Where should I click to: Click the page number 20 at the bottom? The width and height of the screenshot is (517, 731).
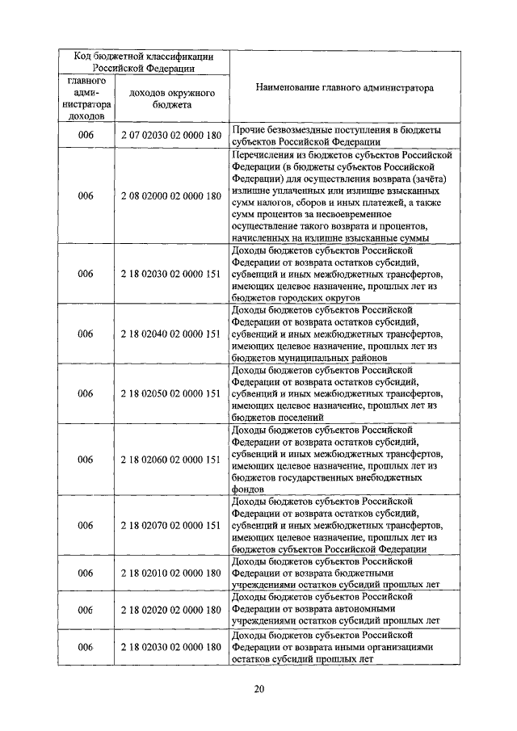tap(258, 689)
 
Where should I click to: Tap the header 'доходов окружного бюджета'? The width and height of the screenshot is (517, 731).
tap(170, 99)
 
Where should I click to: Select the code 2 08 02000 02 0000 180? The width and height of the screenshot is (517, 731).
tap(170, 195)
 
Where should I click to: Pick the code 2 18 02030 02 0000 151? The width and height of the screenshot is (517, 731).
tap(170, 274)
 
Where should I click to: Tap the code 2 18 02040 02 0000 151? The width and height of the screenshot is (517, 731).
tap(170, 334)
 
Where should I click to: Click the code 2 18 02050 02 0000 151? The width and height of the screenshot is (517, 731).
tap(170, 393)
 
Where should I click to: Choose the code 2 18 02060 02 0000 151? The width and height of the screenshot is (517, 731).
tap(170, 460)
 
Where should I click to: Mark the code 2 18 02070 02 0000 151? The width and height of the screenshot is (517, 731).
tap(170, 525)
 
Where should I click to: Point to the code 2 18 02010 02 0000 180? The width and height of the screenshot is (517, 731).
tap(170, 573)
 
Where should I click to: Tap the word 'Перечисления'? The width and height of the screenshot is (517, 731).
tap(263, 153)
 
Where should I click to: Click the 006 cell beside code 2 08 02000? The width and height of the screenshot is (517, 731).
tap(86, 195)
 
